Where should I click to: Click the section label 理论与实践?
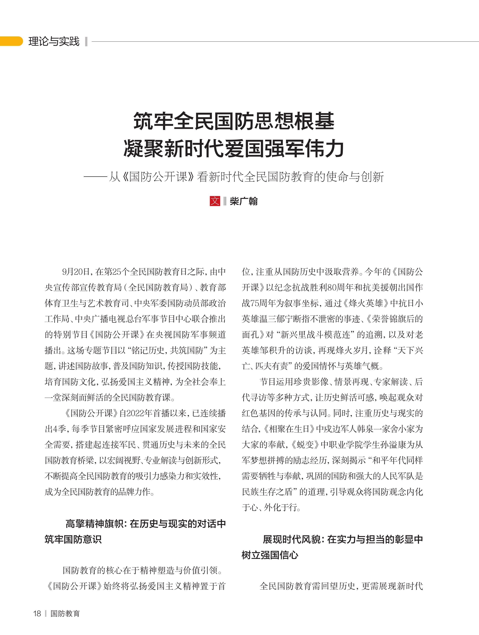click(54, 41)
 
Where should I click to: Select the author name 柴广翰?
click(244, 201)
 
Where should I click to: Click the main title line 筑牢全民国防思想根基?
click(234, 121)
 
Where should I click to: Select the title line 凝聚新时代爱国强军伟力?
click(234, 148)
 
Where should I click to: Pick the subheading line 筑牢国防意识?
click(73, 539)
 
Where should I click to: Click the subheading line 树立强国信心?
click(270, 555)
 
